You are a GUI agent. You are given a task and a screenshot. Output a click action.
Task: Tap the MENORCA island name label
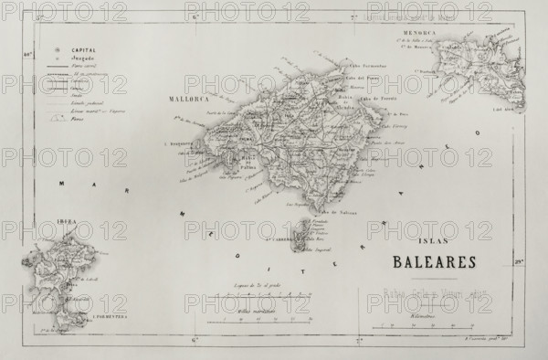[448, 31]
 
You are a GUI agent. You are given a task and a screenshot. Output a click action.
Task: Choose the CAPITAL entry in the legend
[83, 50]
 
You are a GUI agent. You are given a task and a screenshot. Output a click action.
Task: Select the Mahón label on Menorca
[501, 87]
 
